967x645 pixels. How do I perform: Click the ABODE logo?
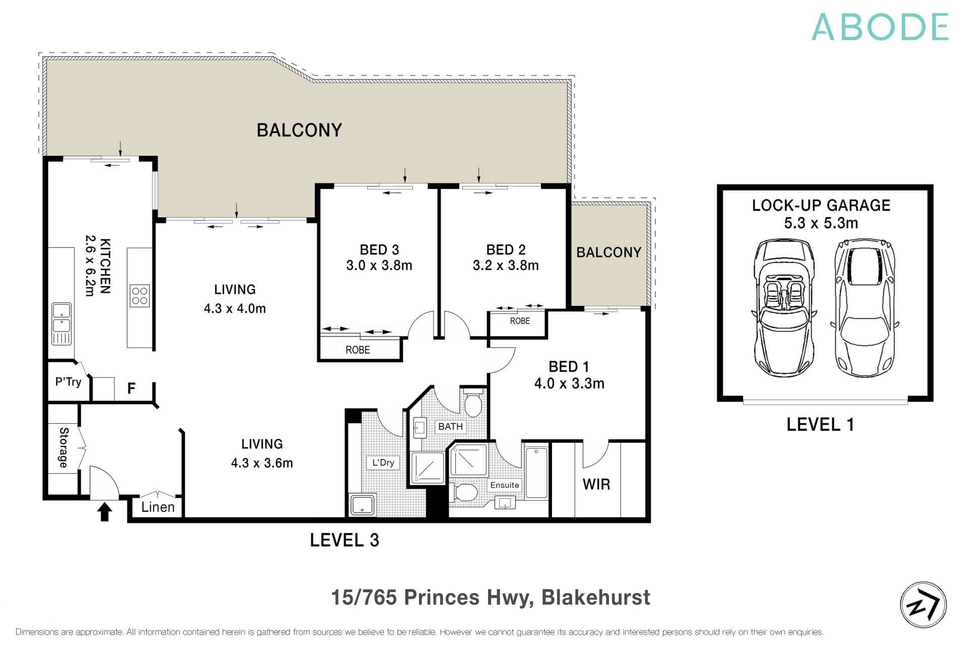pos(880,27)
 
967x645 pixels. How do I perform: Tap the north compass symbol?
pos(923,605)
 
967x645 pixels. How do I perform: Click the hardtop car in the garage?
pos(865,307)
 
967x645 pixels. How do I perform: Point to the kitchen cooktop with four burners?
pos(140,296)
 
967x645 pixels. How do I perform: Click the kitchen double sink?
pos(61,317)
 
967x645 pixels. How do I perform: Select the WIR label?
pos(596,484)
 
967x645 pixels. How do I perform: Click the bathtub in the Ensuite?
pos(536,473)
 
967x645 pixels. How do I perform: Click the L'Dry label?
pos(383,463)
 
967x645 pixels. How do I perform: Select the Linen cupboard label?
pos(158,507)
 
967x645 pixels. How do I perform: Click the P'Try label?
pos(68,382)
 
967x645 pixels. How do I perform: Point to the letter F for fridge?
pos(131,388)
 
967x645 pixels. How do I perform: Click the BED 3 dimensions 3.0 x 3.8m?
pos(379,266)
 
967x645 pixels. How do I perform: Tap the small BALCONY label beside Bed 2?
pos(608,252)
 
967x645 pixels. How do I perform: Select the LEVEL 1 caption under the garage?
pos(820,425)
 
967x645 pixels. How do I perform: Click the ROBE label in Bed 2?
pos(520,321)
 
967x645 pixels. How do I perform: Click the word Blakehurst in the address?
pos(595,598)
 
